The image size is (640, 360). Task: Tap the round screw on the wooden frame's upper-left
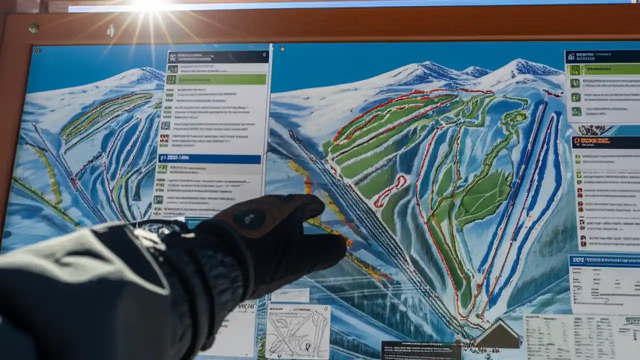pyautogui.click(x=33, y=28)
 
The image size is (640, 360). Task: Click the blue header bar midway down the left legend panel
pyautogui.click(x=210, y=159)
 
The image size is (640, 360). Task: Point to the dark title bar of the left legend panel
pyautogui.click(x=218, y=56)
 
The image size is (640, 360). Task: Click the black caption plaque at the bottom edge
pyautogui.click(x=421, y=350)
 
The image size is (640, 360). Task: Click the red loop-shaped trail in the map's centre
pyautogui.click(x=389, y=191)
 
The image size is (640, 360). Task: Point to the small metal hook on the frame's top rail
pyautogui.click(x=110, y=30)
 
